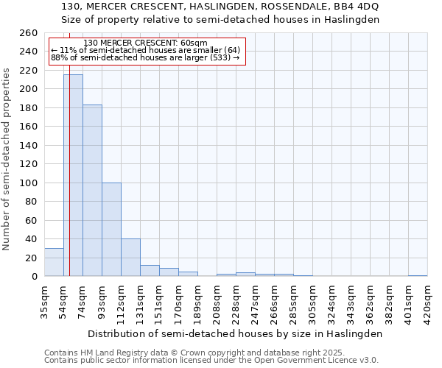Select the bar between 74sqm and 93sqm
click(x=92, y=191)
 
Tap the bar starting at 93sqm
click(x=111, y=229)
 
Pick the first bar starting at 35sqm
click(x=54, y=262)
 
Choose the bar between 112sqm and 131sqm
click(x=130, y=258)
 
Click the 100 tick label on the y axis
click(x=29, y=183)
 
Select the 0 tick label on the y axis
click(x=34, y=277)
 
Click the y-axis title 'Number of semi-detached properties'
click(x=7, y=159)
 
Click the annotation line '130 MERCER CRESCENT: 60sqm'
click(x=146, y=43)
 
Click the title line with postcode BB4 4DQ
click(x=220, y=6)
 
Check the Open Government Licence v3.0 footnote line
click(x=211, y=361)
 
